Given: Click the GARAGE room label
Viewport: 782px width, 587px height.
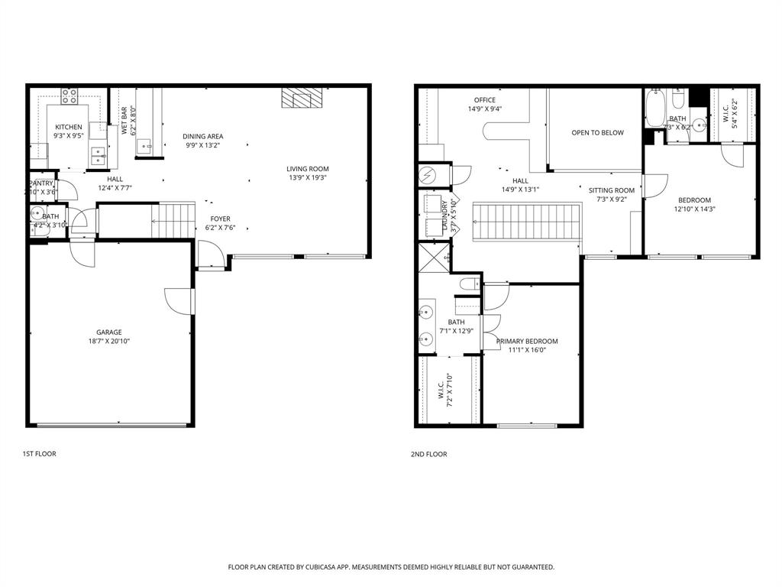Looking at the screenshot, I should (x=108, y=332).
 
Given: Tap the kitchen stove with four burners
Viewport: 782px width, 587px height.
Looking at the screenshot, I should (x=69, y=96).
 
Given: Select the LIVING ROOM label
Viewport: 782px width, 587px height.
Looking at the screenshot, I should (x=307, y=169).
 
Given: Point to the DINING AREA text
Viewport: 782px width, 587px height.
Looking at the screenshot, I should (x=203, y=137).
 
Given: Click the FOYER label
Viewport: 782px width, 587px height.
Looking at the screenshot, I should (x=220, y=219).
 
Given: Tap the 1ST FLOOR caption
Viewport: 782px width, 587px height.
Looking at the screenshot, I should (x=39, y=454).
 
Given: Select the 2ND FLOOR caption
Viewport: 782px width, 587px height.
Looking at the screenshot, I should (x=428, y=454).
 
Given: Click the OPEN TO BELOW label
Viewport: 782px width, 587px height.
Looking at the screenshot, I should (x=597, y=133).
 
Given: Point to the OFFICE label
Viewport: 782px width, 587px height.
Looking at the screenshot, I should (x=484, y=100).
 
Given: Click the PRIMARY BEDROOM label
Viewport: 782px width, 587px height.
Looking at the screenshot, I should (x=527, y=342).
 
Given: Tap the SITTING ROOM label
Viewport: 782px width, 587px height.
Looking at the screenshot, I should (x=611, y=190).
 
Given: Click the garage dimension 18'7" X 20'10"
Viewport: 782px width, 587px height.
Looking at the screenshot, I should (x=108, y=342).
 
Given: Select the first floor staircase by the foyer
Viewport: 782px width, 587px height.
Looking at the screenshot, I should (x=173, y=220).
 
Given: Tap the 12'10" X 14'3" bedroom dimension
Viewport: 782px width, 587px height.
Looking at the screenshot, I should (x=694, y=209).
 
